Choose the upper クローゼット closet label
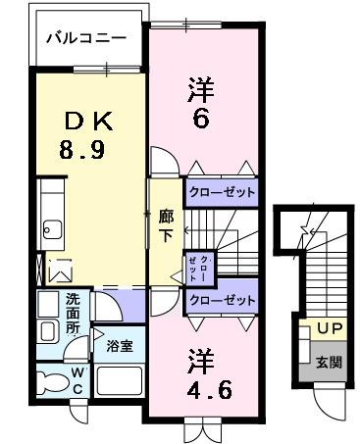click(x=221, y=193)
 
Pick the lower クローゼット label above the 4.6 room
click(x=221, y=300)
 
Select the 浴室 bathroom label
click(x=120, y=345)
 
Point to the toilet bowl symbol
click(x=47, y=379)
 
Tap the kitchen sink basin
click(x=50, y=230)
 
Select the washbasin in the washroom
click(x=47, y=331)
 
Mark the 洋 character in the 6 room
click(x=200, y=91)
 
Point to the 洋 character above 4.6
click(x=200, y=359)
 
